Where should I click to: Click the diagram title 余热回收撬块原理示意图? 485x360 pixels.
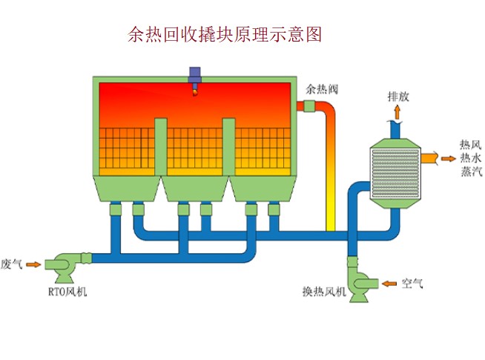click(x=225, y=34)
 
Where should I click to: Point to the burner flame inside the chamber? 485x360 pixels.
click(x=195, y=93)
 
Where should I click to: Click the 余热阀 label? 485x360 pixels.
click(x=322, y=89)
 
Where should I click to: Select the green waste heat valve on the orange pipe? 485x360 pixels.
click(x=309, y=106)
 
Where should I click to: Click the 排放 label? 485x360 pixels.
click(x=398, y=96)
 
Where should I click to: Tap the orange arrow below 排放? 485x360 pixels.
click(x=397, y=112)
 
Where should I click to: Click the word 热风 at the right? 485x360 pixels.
click(x=470, y=145)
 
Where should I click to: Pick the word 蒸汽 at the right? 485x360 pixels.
click(x=472, y=171)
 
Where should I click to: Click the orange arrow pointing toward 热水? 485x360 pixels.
click(x=448, y=159)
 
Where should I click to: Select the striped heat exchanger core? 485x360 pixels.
click(x=395, y=174)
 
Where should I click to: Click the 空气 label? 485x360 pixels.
click(x=412, y=284)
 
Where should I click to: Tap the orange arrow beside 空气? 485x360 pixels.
click(x=389, y=284)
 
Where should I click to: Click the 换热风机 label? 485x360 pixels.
click(x=324, y=291)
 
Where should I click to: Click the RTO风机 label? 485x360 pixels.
click(x=67, y=292)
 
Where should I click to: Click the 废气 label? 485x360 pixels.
click(x=11, y=264)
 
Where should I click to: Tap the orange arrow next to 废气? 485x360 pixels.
click(x=33, y=264)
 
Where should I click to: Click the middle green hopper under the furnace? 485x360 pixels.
click(x=195, y=189)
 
